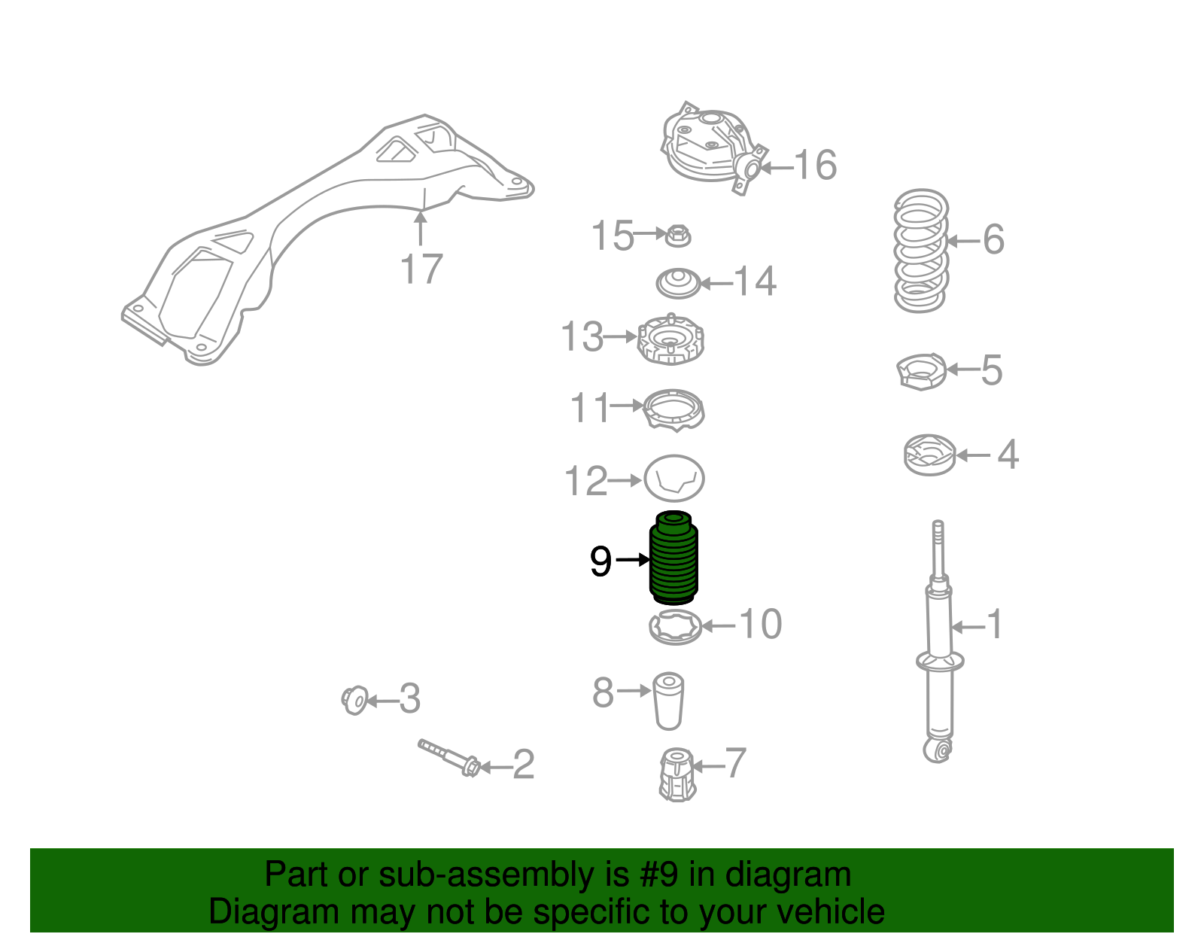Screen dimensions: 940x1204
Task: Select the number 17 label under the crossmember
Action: (x=421, y=269)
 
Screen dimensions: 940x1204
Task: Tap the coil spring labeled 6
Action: (x=920, y=250)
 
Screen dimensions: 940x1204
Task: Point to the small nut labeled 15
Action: (x=679, y=236)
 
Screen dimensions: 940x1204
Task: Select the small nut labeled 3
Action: (x=354, y=701)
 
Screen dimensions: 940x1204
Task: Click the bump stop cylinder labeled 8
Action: (x=668, y=701)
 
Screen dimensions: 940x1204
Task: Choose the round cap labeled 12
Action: (x=673, y=479)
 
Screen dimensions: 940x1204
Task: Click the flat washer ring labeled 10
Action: (x=676, y=626)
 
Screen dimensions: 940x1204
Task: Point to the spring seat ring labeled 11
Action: (x=674, y=409)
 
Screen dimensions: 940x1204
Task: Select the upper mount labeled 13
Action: (x=670, y=340)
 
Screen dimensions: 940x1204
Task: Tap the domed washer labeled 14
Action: (x=678, y=283)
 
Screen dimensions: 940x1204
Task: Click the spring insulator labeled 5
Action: (x=922, y=371)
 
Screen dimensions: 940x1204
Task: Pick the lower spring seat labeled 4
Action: (x=929, y=455)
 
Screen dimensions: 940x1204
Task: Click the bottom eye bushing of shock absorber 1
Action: (x=938, y=750)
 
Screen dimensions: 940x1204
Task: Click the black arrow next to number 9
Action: (x=632, y=559)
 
